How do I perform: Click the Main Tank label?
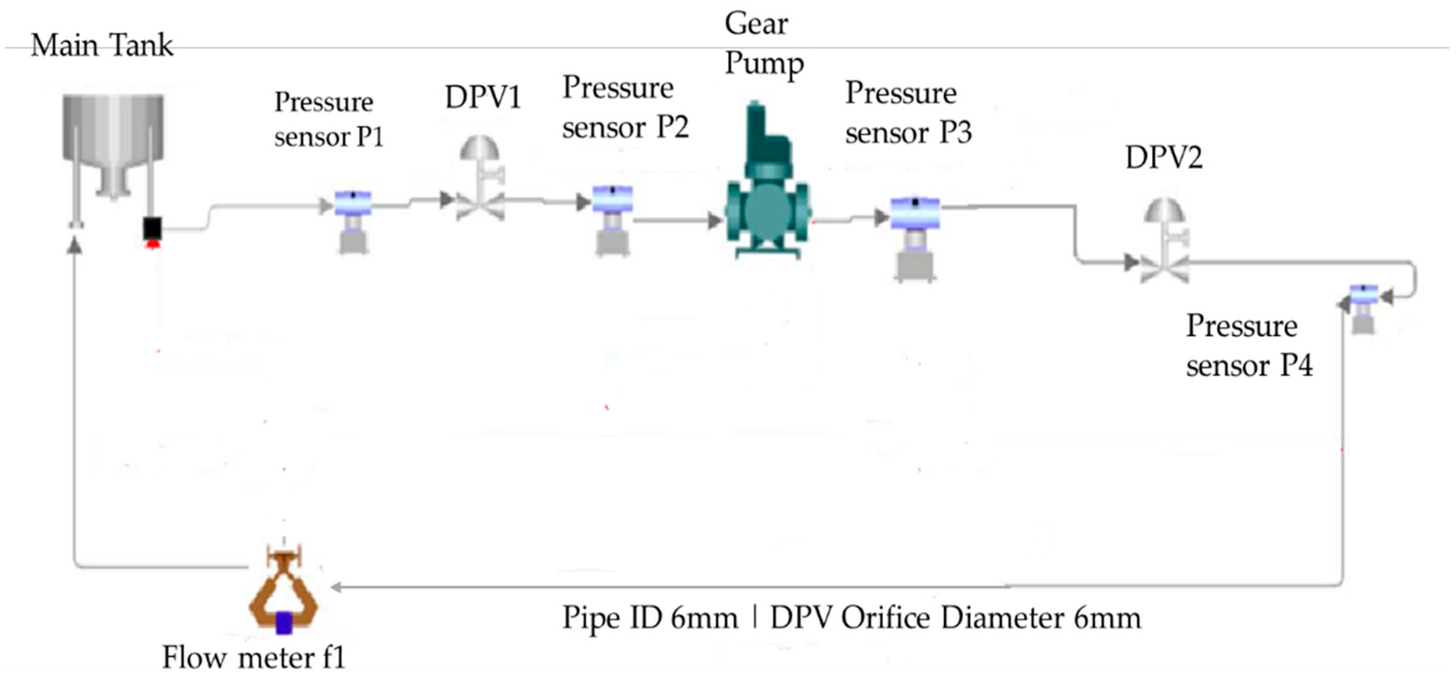tap(102, 45)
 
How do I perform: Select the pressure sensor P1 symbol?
tap(353, 220)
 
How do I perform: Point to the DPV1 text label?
tap(482, 97)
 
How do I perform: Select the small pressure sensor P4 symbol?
tap(1363, 308)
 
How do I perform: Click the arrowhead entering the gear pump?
tap(714, 220)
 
